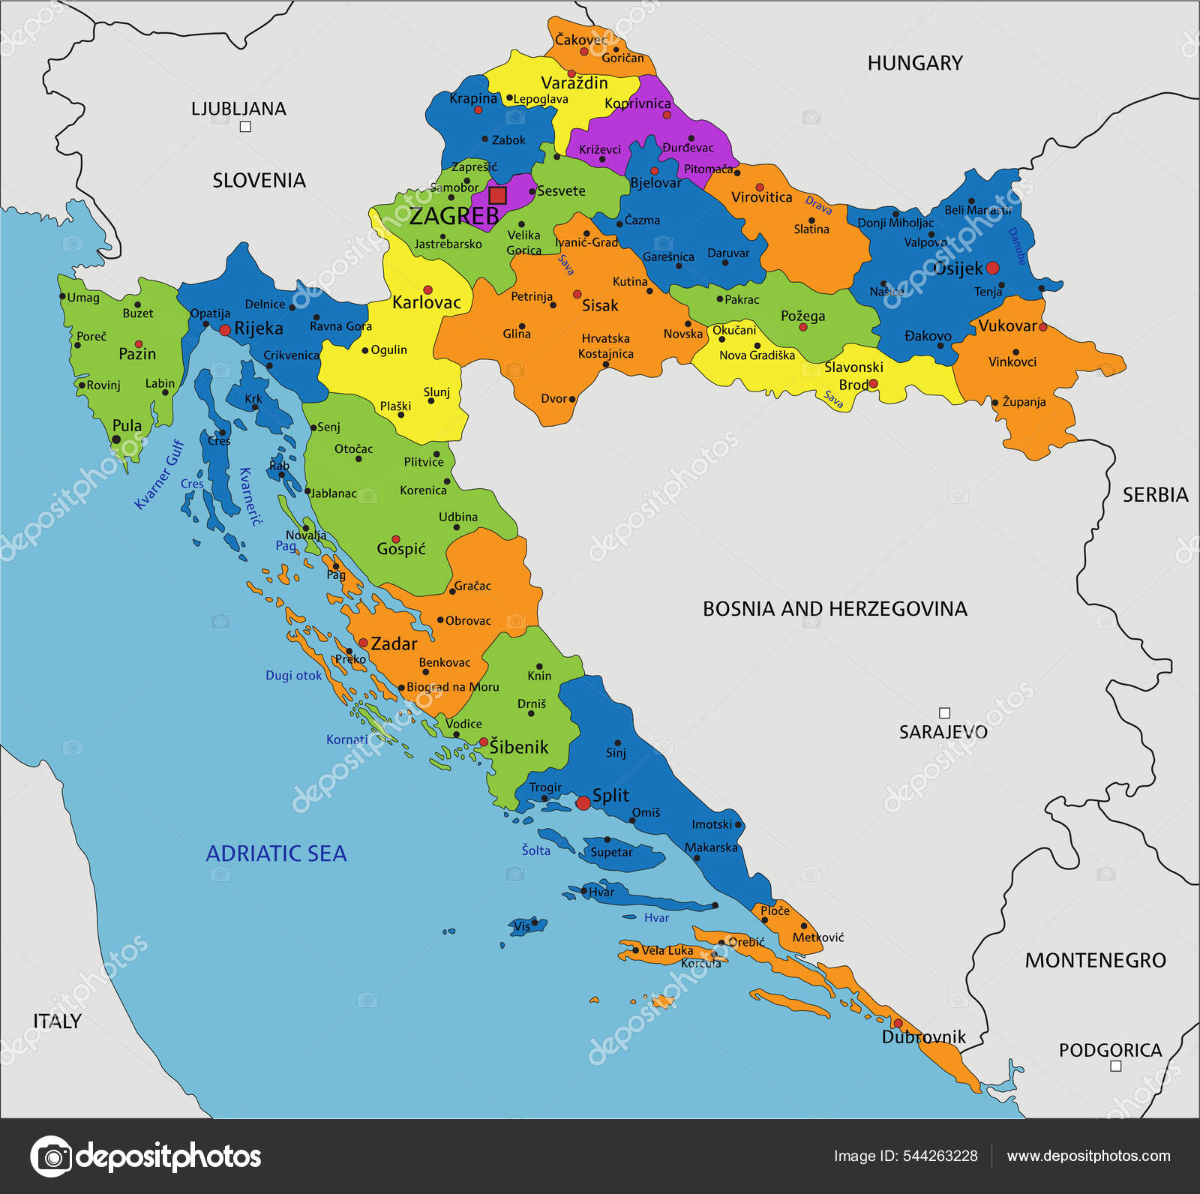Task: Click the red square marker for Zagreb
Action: pos(497,196)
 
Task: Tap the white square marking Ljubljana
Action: pos(245,127)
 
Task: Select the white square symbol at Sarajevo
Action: pos(945,713)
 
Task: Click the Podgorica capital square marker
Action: pos(1115,1066)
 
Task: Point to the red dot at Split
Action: pos(583,803)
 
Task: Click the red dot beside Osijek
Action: pos(992,268)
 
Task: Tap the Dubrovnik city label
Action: pos(923,1037)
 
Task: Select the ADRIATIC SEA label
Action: pos(276,853)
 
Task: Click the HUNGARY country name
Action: pos(914,63)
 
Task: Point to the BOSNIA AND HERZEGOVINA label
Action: pos(834,608)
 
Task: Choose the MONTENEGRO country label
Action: pos(1095,960)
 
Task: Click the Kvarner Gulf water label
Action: pos(159,474)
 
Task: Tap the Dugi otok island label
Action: pos(293,675)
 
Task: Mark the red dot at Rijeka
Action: pos(224,330)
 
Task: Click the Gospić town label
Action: pos(401,549)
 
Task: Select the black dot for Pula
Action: pos(116,439)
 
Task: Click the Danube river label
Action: pos(1016,246)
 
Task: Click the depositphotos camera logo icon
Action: pos(51,1156)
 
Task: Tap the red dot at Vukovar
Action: pos(1042,327)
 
